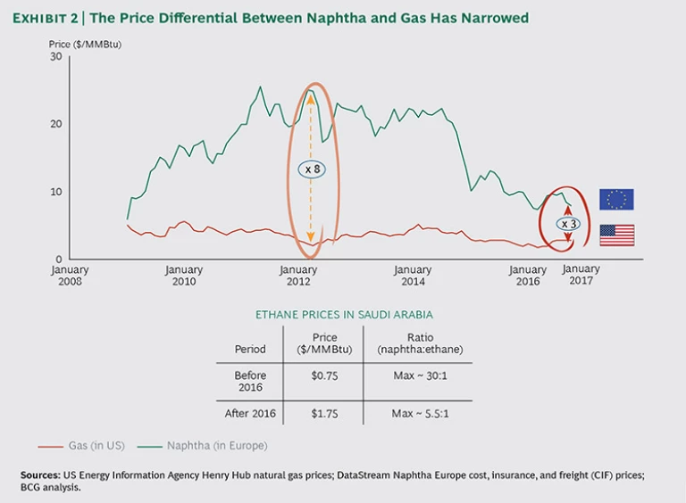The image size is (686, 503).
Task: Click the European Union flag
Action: point(616,199)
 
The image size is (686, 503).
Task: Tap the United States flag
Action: point(616,235)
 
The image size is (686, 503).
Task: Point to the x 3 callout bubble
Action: point(568,223)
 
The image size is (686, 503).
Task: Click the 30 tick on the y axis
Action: point(54,56)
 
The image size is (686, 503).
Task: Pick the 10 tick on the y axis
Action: point(54,192)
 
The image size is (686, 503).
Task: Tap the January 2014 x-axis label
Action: point(413,276)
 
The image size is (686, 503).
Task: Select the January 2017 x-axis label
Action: point(581,275)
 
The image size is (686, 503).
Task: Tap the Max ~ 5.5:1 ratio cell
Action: point(418,414)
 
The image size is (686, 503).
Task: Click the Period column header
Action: point(250,349)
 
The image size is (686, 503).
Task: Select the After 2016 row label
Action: point(250,414)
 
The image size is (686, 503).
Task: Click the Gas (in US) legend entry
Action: point(78,445)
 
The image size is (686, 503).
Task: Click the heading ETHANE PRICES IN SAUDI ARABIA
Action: point(344,314)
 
